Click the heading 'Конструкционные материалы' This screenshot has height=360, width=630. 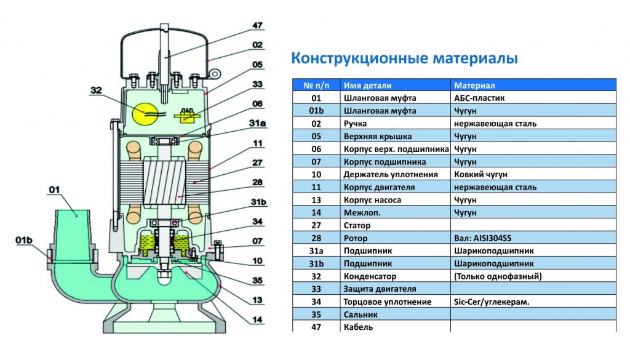[404, 59]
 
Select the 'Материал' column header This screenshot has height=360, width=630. [474, 86]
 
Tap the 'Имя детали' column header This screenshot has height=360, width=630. [367, 86]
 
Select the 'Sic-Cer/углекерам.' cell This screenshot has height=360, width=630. [491, 302]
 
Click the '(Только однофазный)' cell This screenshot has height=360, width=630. [497, 276]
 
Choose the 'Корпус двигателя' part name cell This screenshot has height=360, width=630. [379, 187]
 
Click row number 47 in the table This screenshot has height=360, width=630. [316, 327]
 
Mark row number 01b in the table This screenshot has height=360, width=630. [316, 111]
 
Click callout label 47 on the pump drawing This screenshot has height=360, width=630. [257, 26]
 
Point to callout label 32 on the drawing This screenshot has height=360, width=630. [97, 90]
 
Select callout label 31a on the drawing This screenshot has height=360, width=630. [258, 123]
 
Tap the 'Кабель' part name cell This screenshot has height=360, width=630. [358, 327]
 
